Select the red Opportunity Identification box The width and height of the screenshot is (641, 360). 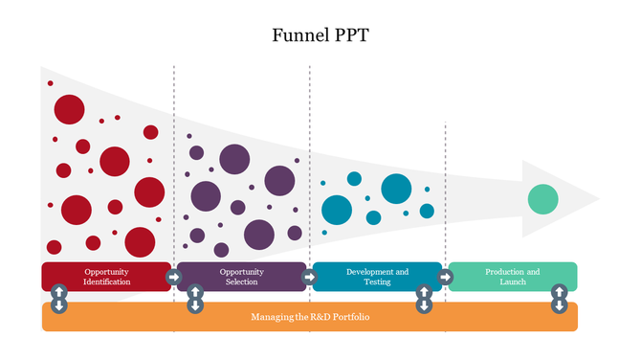[106, 277]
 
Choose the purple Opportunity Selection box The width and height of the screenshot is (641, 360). [241, 277]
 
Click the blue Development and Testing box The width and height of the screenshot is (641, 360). [377, 277]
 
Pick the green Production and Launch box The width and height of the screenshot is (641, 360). [512, 277]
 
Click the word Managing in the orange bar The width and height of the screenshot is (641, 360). [271, 317]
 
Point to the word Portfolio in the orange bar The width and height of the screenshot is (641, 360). [350, 317]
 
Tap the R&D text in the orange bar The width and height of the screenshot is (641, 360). [317, 317]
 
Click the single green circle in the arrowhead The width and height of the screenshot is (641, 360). [542, 199]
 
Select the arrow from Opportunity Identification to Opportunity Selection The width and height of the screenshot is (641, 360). [173, 277]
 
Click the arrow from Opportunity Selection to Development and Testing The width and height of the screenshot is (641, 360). [309, 277]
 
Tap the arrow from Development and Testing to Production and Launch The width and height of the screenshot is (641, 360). [445, 277]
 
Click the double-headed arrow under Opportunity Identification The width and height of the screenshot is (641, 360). [58, 298]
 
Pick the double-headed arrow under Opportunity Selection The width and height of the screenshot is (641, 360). [194, 298]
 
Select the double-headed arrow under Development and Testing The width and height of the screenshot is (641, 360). [424, 298]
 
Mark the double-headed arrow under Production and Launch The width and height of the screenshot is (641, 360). [560, 298]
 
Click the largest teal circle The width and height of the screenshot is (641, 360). [396, 189]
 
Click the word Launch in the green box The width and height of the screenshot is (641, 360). [513, 282]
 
